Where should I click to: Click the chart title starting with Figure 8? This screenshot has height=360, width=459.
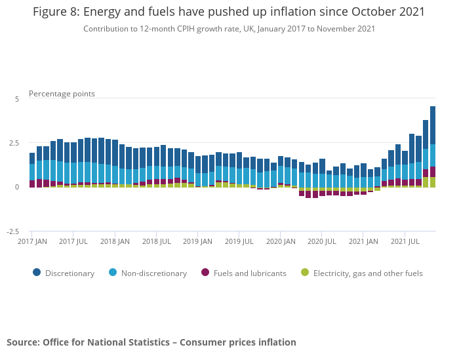(229, 12)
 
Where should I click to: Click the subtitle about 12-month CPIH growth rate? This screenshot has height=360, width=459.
(229, 28)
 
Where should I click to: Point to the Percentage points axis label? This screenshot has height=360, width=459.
(62, 94)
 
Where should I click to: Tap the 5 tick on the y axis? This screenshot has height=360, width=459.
(17, 99)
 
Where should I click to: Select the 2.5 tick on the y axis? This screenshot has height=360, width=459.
(14, 143)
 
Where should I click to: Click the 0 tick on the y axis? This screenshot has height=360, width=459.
(17, 188)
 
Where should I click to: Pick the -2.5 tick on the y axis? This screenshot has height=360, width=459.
(12, 231)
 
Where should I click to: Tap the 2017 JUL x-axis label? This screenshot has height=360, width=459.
(73, 242)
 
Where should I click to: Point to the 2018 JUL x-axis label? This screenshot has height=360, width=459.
(157, 242)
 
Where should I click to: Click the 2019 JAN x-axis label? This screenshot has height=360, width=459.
(197, 242)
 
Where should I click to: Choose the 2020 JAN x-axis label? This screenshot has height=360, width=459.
(281, 242)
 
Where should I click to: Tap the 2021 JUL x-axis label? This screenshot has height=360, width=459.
(405, 242)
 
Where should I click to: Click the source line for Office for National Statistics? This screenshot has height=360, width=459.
(151, 342)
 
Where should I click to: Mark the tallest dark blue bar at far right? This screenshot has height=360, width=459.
(433, 125)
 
